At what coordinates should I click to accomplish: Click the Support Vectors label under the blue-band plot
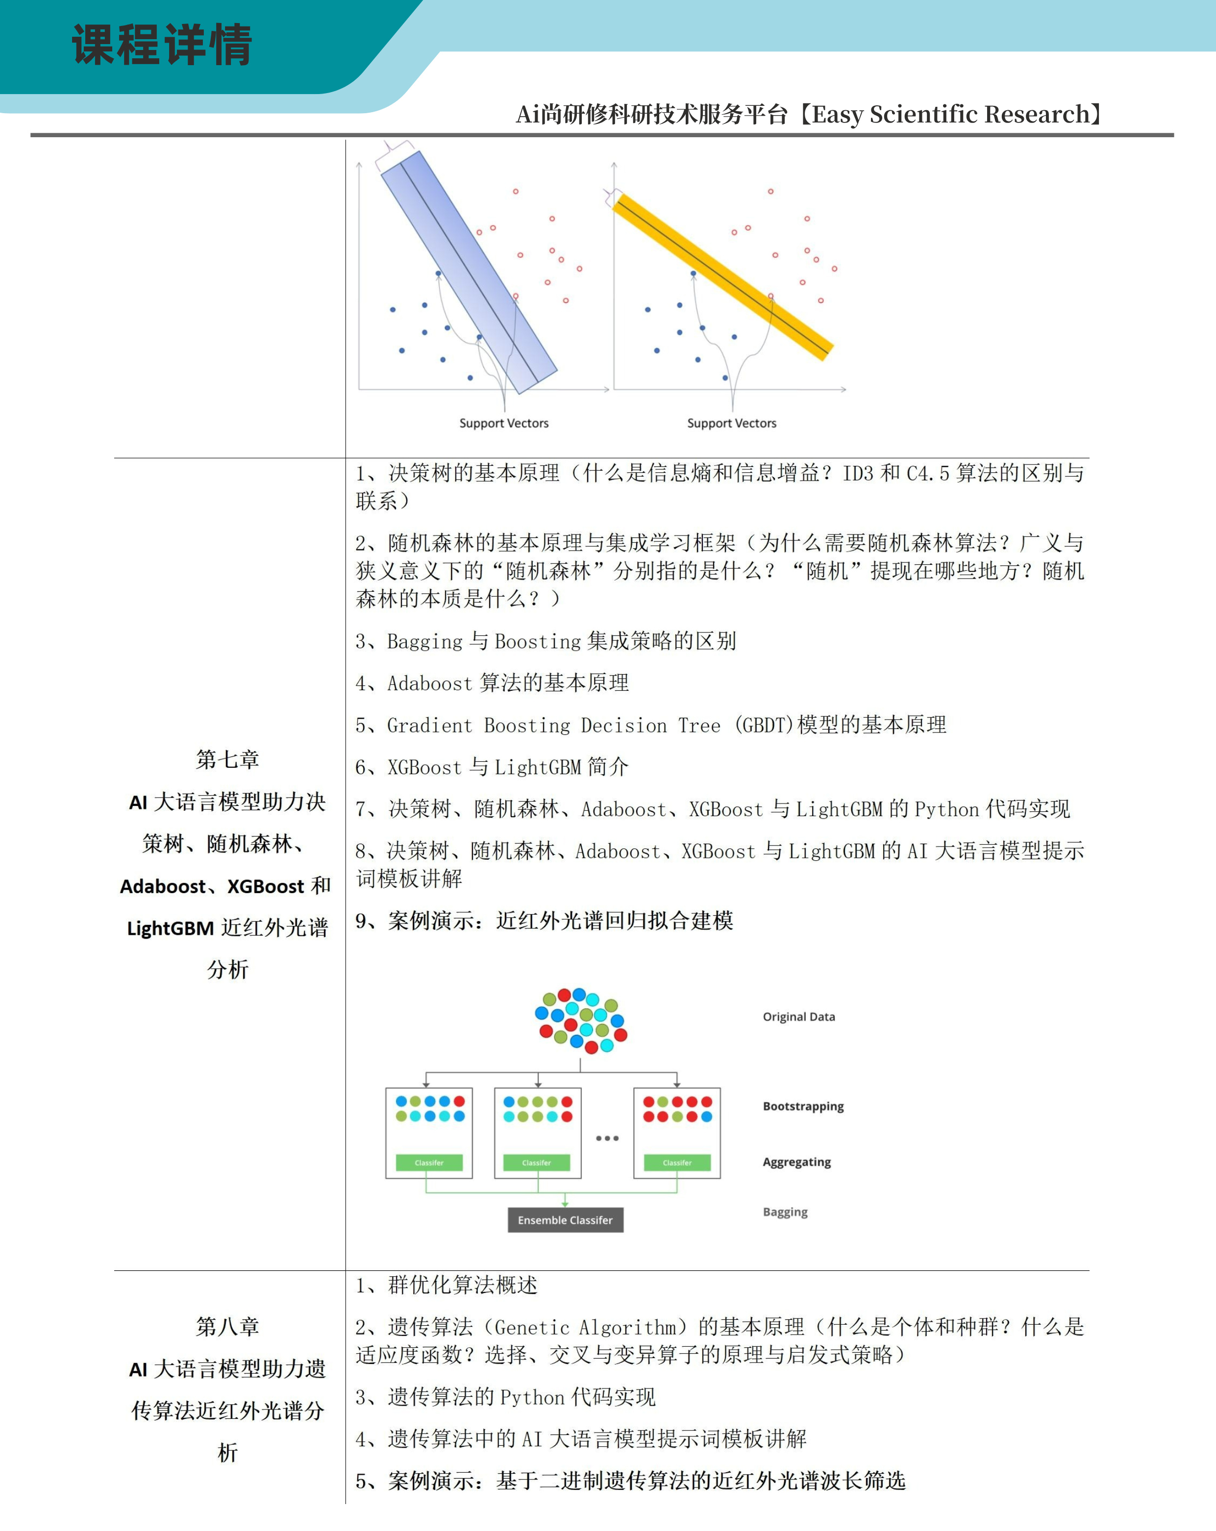coord(503,423)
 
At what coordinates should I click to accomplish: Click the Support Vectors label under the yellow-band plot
coord(732,423)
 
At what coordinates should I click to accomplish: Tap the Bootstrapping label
coord(803,1106)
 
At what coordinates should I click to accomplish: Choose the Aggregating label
coord(796,1162)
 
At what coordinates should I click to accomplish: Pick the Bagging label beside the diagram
coord(785,1212)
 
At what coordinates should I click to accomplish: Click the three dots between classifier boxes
coord(607,1138)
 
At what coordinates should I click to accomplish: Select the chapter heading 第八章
coord(227,1327)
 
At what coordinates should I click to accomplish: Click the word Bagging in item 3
coord(425,641)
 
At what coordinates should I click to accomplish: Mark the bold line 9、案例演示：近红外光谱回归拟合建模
coord(544,921)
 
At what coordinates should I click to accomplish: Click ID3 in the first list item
coord(857,473)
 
